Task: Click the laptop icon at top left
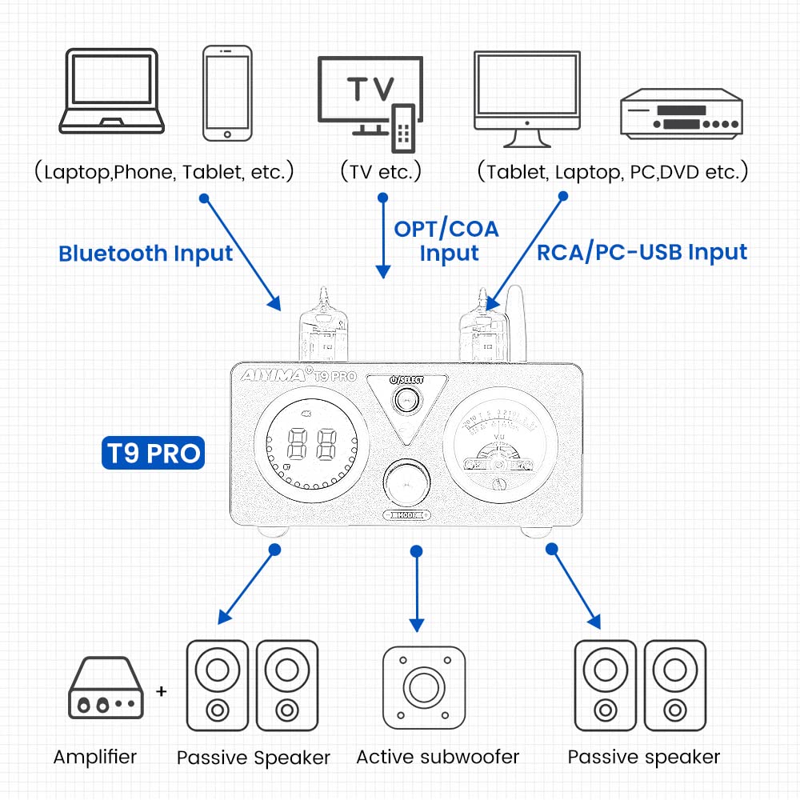[112, 90]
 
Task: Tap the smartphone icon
[227, 94]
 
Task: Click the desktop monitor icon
[526, 98]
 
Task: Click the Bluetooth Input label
[146, 254]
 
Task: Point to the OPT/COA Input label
[446, 241]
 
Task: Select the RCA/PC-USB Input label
[642, 252]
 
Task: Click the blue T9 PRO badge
[153, 454]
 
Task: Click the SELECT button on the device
[405, 399]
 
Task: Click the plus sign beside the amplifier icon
[162, 690]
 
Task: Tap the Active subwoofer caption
[438, 757]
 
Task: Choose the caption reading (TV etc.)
[380, 171]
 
